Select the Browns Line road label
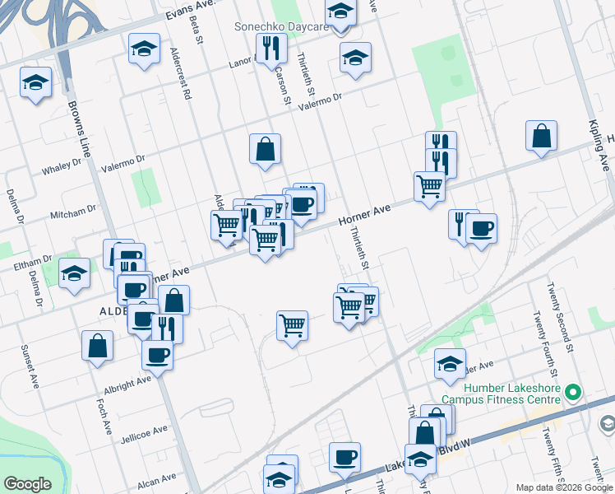(x=80, y=130)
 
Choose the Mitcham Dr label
(x=73, y=212)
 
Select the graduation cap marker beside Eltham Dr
(x=75, y=274)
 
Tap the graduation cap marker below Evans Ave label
(x=144, y=49)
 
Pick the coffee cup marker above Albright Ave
(x=157, y=356)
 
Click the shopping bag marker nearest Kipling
(x=542, y=137)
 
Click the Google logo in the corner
(x=28, y=483)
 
